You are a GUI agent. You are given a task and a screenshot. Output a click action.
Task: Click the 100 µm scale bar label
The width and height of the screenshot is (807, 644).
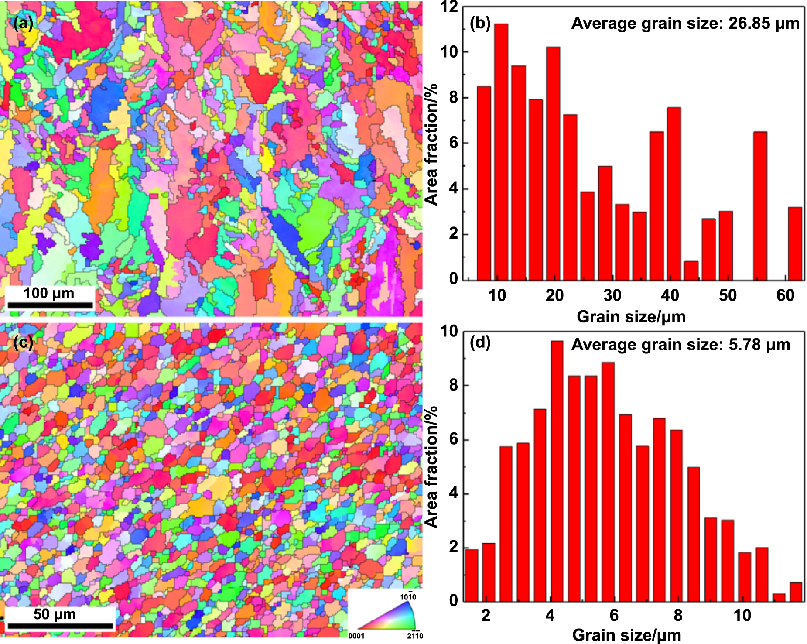pos(49,293)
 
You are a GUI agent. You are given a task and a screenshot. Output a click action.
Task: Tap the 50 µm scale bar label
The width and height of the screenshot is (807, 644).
pos(55,614)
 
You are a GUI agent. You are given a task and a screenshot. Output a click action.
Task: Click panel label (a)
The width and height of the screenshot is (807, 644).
pos(23,23)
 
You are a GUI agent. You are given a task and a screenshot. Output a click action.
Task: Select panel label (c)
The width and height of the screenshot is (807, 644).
pos(23,343)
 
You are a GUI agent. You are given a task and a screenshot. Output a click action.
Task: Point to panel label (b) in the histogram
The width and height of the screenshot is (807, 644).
pos(480,23)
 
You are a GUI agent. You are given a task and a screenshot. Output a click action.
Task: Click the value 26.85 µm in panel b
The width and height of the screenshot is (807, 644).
pos(764,23)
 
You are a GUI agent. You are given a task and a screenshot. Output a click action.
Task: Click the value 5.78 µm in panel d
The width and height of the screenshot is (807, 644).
pos(759,345)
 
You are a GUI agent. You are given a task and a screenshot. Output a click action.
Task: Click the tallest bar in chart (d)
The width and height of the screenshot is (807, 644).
pos(557,471)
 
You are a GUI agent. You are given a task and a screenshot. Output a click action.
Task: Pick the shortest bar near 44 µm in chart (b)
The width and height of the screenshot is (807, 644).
pos(691,271)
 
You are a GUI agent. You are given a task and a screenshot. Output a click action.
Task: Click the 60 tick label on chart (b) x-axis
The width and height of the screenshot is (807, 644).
pos(785,295)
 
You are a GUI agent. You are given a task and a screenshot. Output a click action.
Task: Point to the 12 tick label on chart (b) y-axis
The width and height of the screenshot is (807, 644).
pos(449,7)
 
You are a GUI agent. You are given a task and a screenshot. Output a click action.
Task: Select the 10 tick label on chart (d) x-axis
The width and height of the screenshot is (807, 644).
pos(742,615)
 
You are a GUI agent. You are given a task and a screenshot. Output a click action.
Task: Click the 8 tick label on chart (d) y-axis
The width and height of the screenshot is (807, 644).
pos(454,385)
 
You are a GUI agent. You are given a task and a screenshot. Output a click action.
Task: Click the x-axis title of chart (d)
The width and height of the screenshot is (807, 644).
pos(626,635)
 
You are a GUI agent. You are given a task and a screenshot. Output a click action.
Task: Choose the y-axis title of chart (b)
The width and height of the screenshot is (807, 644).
pos(431,144)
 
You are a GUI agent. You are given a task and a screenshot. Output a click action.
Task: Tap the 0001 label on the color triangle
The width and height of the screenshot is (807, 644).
pos(356,636)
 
